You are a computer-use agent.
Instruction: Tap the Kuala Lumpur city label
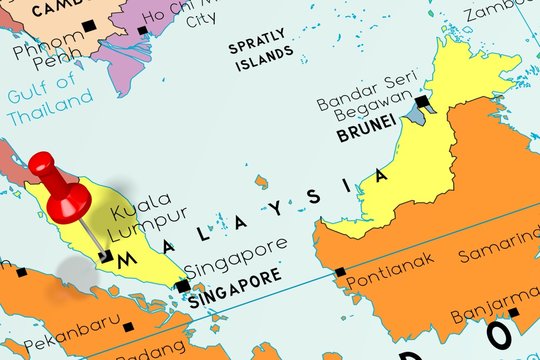click(x=148, y=215)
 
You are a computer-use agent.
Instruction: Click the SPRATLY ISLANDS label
click(x=261, y=55)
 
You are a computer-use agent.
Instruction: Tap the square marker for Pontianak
click(x=341, y=271)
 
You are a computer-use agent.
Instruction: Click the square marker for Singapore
click(x=182, y=287)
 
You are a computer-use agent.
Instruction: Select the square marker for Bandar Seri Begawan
click(x=423, y=101)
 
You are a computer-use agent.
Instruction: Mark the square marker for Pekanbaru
click(x=128, y=326)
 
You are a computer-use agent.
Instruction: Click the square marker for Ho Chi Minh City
click(x=143, y=30)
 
